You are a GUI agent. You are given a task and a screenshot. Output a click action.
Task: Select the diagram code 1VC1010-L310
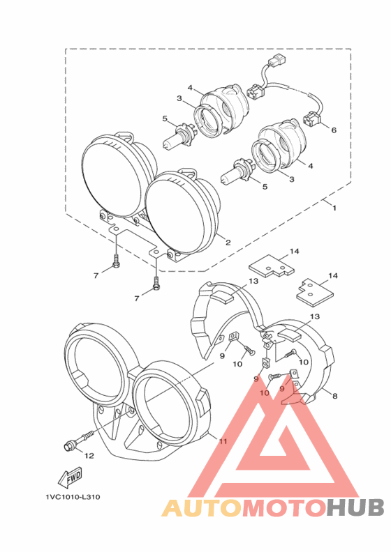pyautogui.click(x=73, y=497)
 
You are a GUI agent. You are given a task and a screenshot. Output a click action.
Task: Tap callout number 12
pyautogui.click(x=89, y=456)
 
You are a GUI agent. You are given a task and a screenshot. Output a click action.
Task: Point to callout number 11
pyautogui.click(x=223, y=441)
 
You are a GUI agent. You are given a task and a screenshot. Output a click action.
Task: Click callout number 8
pyautogui.click(x=335, y=396)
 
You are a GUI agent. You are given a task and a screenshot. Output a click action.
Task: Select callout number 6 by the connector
pyautogui.click(x=334, y=130)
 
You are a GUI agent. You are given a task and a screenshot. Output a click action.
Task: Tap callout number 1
pyautogui.click(x=334, y=208)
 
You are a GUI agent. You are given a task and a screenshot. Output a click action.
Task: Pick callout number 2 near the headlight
pyautogui.click(x=228, y=243)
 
